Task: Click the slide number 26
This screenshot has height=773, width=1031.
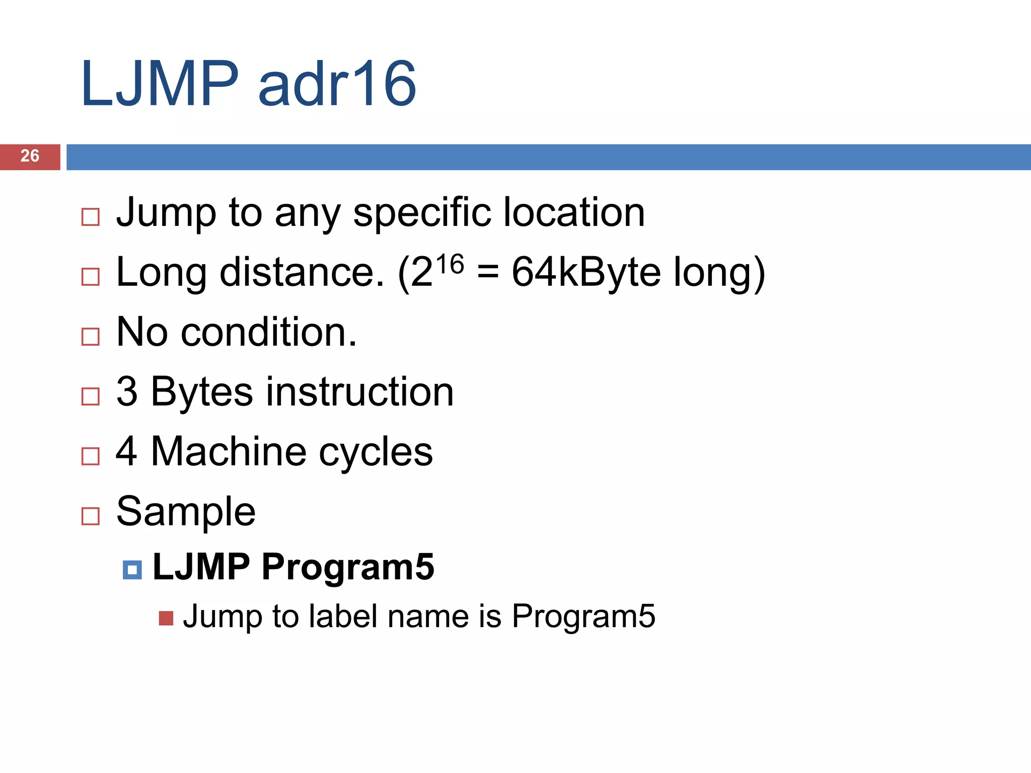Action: click(30, 156)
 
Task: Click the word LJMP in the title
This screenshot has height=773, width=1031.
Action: click(160, 84)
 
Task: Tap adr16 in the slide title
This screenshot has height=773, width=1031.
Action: click(337, 84)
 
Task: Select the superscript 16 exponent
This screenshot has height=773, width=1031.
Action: click(450, 264)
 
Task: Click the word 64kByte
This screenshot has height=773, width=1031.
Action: click(586, 272)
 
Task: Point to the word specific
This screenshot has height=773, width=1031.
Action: click(422, 213)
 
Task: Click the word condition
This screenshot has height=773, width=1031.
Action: click(268, 333)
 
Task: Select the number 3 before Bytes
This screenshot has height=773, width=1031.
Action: click(127, 392)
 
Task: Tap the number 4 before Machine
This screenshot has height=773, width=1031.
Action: click(126, 451)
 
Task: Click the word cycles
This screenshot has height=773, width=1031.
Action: click(376, 451)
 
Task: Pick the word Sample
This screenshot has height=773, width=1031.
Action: click(186, 512)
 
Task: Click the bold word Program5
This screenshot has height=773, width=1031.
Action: click(347, 567)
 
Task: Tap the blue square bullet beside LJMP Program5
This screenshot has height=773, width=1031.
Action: click(132, 570)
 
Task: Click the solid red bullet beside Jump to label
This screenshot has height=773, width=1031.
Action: click(166, 618)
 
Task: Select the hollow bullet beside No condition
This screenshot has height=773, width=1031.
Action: click(91, 337)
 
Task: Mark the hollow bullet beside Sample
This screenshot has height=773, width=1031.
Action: click(91, 516)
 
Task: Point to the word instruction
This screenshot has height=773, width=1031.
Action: click(360, 392)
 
